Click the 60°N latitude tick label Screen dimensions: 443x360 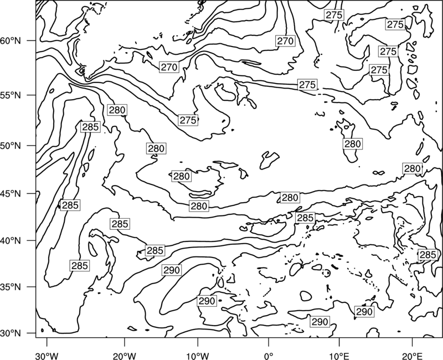(11, 41)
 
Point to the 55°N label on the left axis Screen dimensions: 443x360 (11, 95)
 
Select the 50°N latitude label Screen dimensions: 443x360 (11, 146)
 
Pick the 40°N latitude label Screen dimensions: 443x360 (11, 241)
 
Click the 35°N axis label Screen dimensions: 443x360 (11, 287)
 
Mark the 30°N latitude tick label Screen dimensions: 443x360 (11, 333)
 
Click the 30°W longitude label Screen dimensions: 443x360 (47, 356)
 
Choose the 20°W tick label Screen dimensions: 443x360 (124, 356)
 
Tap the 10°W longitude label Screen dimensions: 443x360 (198, 356)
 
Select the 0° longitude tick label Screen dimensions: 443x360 (268, 356)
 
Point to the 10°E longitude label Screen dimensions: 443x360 (339, 356)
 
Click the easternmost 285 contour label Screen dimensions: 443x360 (427, 255)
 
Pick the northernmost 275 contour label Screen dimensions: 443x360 (334, 15)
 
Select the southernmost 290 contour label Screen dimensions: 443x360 (320, 322)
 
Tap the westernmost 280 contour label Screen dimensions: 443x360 (117, 110)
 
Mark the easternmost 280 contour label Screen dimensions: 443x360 (413, 169)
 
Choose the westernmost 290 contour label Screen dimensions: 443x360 (172, 270)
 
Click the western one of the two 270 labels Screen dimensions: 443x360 (169, 67)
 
